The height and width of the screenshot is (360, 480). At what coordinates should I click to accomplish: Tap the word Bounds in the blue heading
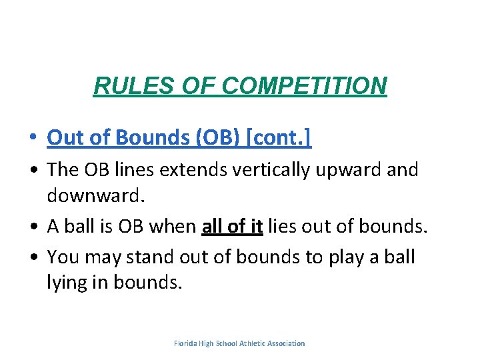point(153,137)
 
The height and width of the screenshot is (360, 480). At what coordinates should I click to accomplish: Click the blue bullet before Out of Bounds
point(33,138)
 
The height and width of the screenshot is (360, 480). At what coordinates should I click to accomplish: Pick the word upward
point(354,170)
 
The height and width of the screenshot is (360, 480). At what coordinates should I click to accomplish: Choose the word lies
point(284,226)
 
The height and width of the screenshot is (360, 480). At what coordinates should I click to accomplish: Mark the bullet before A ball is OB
point(33,227)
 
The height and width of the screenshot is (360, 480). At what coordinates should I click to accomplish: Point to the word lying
point(66,282)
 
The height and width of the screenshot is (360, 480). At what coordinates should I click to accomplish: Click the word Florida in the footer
point(187,343)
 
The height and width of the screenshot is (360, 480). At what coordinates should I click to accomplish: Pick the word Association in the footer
point(286,343)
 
